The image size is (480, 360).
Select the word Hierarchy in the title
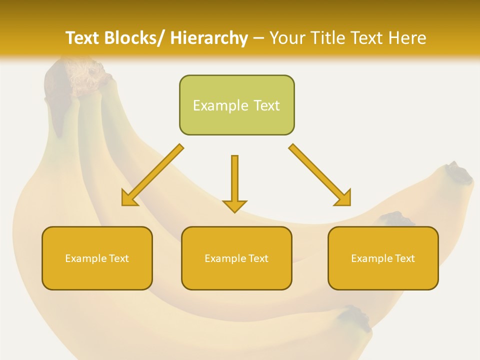click(x=209, y=38)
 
